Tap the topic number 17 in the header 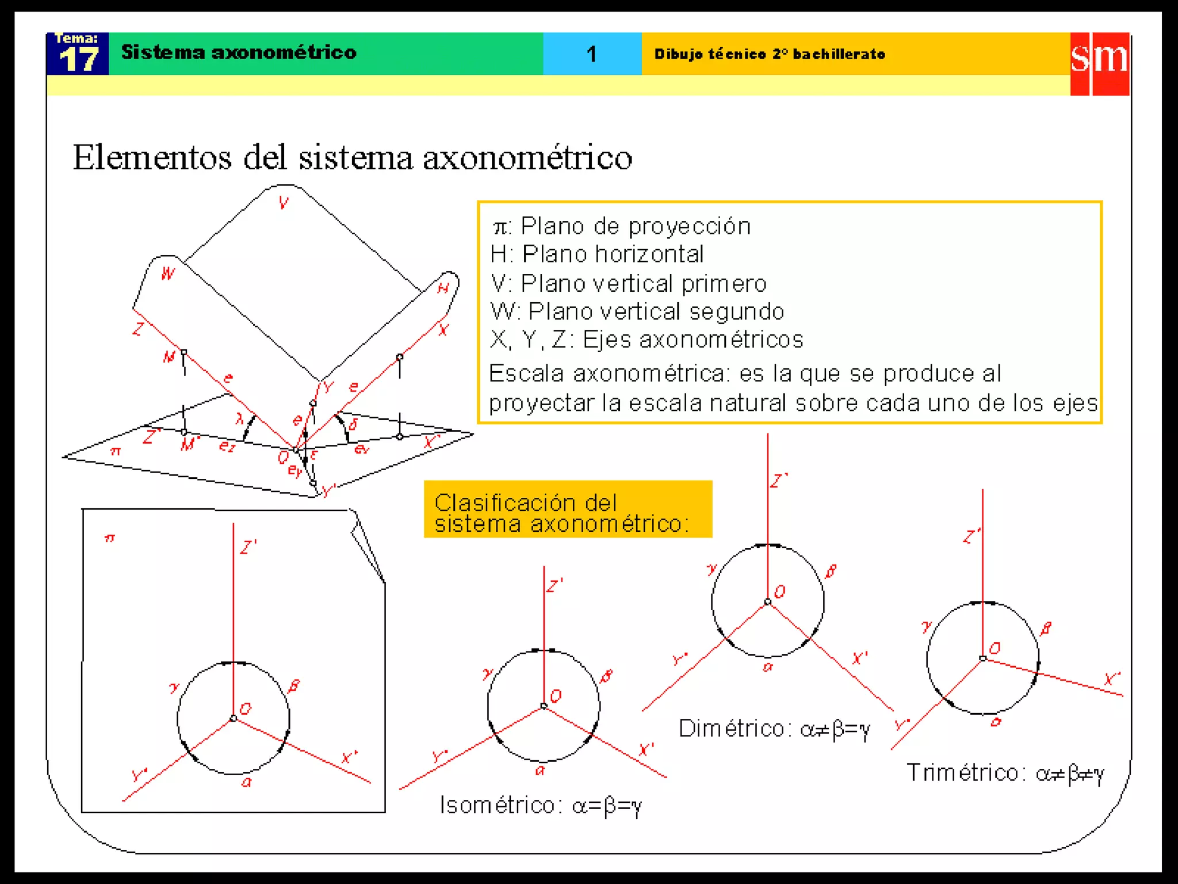78,59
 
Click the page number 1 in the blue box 591,55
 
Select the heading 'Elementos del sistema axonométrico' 352,157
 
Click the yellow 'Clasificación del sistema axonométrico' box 568,509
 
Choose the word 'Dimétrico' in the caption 731,729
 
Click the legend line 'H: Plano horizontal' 597,254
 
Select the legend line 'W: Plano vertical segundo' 637,311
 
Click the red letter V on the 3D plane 284,203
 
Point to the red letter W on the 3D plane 168,273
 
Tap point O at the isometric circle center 544,706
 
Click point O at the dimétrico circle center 767,602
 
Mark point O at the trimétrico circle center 983,658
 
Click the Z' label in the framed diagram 248,547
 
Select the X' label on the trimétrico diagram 1112,679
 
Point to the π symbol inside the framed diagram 109,539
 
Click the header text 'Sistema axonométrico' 239,52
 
